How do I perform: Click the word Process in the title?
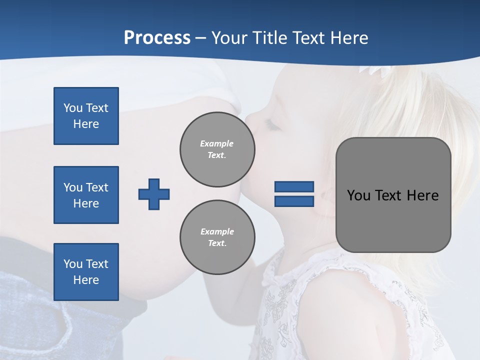coord(157,38)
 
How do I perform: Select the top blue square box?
coord(86,116)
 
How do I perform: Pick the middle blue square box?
coord(86,195)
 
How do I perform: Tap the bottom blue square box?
coord(86,272)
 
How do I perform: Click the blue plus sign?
coord(154,194)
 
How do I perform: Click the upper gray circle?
coord(217,149)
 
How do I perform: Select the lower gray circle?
coord(217,237)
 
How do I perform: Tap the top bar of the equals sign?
coord(294,187)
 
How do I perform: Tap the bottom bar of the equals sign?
coord(294,201)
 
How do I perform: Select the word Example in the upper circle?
coord(217,143)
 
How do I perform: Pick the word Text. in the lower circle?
coord(217,243)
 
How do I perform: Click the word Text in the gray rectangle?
coord(387,195)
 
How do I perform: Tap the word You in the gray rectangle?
coord(358,195)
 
